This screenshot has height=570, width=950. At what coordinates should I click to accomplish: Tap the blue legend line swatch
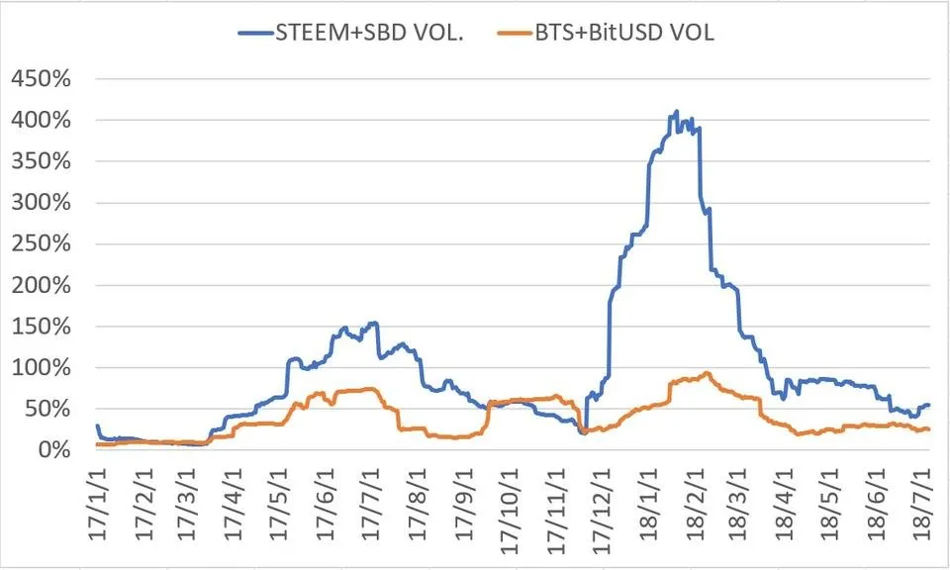point(260,34)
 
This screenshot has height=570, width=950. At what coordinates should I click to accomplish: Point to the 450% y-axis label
point(41,79)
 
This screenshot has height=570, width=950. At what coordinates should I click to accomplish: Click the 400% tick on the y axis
point(41,121)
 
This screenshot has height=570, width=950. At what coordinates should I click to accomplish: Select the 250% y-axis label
point(41,244)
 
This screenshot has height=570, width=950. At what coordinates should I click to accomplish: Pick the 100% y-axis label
point(41,368)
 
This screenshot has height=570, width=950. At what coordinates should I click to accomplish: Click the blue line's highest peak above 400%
point(676,112)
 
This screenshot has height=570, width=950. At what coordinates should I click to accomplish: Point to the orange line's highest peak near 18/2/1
point(706,373)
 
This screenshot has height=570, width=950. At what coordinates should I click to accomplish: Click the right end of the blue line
point(928,405)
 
